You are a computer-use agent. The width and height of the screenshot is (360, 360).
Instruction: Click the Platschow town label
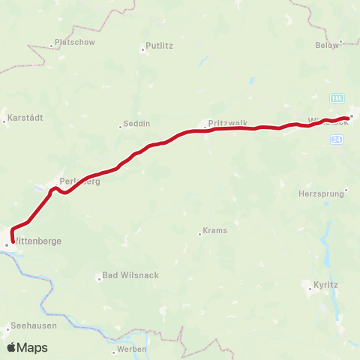(x=76, y=43)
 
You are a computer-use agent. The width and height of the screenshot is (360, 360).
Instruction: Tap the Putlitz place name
(x=158, y=45)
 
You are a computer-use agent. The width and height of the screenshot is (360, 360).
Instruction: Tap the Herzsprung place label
(x=320, y=193)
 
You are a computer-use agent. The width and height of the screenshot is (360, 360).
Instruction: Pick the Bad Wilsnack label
(x=130, y=275)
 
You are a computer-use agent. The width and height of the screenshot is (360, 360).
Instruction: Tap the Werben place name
(x=131, y=349)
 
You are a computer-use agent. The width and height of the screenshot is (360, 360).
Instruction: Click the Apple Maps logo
(x=27, y=347)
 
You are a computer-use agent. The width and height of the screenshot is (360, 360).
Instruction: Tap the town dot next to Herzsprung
(x=346, y=193)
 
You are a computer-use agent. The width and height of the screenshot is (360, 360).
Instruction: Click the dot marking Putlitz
(x=142, y=51)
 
